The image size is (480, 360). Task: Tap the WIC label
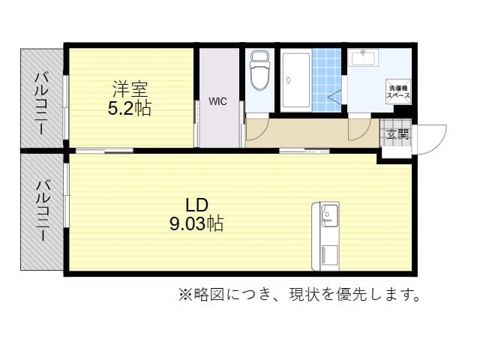(217, 100)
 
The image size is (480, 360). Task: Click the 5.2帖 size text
(129, 109)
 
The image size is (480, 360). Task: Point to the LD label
(196, 204)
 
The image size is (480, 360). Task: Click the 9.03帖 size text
(196, 223)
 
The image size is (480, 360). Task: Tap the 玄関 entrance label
(397, 135)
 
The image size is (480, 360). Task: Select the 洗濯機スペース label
(398, 92)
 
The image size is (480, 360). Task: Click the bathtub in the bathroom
(296, 81)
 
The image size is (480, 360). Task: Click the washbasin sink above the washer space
(367, 58)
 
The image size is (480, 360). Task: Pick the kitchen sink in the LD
(328, 216)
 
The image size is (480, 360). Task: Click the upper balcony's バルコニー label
(43, 101)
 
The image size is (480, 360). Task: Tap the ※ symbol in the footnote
(185, 294)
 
